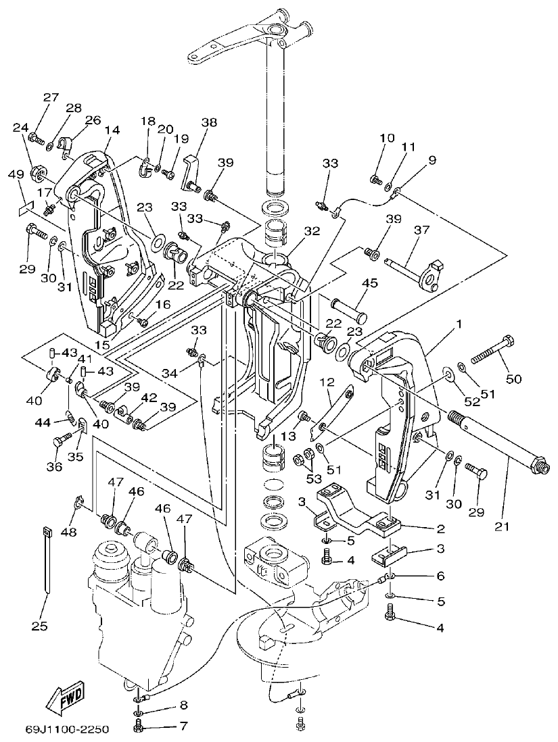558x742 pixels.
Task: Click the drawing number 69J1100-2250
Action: coord(67,730)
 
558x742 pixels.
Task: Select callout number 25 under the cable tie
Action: coord(39,626)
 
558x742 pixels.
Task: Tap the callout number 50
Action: coord(513,379)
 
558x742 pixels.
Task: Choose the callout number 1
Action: coord(459,324)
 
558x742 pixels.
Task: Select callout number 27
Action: coord(51,97)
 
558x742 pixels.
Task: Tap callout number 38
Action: coord(209,122)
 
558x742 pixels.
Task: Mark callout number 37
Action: coord(421,230)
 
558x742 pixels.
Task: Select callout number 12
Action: coord(327,382)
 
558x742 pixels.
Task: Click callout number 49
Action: coord(16,174)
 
